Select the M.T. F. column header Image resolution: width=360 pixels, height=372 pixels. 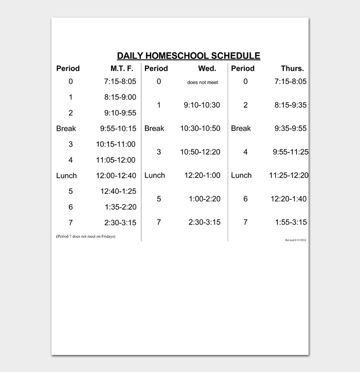[x=122, y=68]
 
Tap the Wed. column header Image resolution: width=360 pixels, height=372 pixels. [x=207, y=68]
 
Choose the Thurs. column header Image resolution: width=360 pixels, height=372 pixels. [x=292, y=68]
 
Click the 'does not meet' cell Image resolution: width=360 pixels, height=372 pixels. [x=202, y=82]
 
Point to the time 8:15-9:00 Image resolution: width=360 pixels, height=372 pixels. [x=120, y=97]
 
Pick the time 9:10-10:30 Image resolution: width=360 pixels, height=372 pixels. [x=202, y=105]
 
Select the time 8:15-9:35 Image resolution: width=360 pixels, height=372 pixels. [x=290, y=105]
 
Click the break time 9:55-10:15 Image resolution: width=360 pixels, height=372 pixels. [x=118, y=128]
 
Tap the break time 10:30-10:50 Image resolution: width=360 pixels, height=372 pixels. [x=200, y=128]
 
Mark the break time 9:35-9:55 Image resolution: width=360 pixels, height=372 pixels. [x=290, y=128]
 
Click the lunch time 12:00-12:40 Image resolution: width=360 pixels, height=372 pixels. [x=116, y=176]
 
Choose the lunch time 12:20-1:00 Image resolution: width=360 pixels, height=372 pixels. [x=202, y=176]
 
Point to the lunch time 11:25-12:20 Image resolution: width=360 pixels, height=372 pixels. [x=289, y=176]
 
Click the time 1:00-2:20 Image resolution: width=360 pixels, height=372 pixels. [x=205, y=199]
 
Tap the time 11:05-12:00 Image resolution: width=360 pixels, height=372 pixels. [x=116, y=160]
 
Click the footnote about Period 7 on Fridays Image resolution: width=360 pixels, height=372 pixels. [x=85, y=236]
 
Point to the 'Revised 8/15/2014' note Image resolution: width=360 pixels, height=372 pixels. [x=296, y=240]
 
